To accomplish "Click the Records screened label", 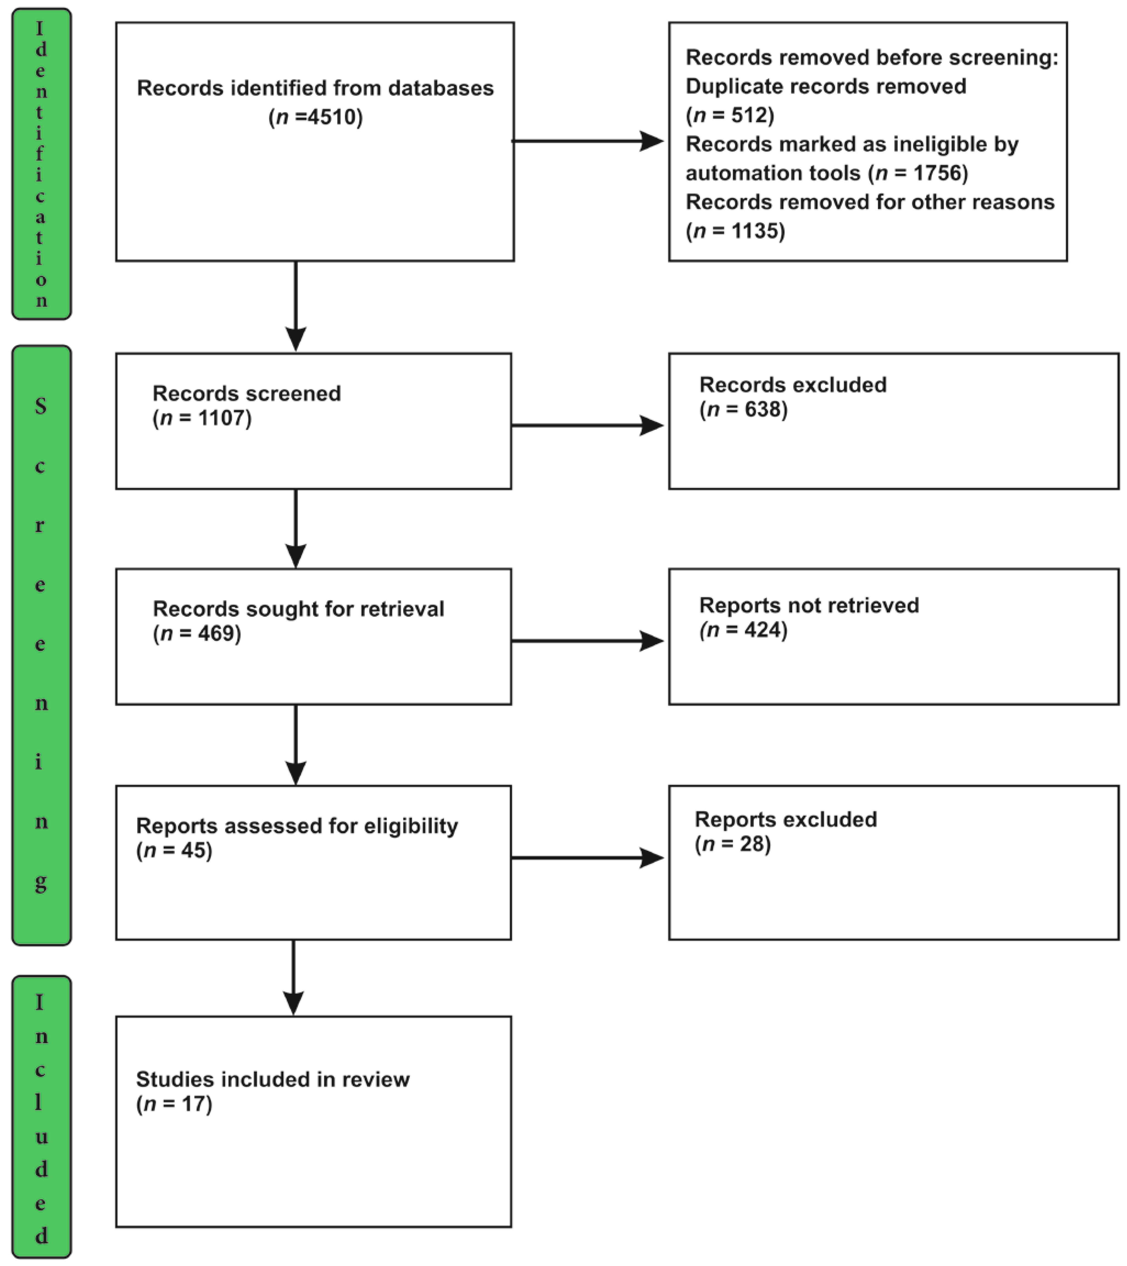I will click(x=247, y=393).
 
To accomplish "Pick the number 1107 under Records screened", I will click(x=222, y=418).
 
